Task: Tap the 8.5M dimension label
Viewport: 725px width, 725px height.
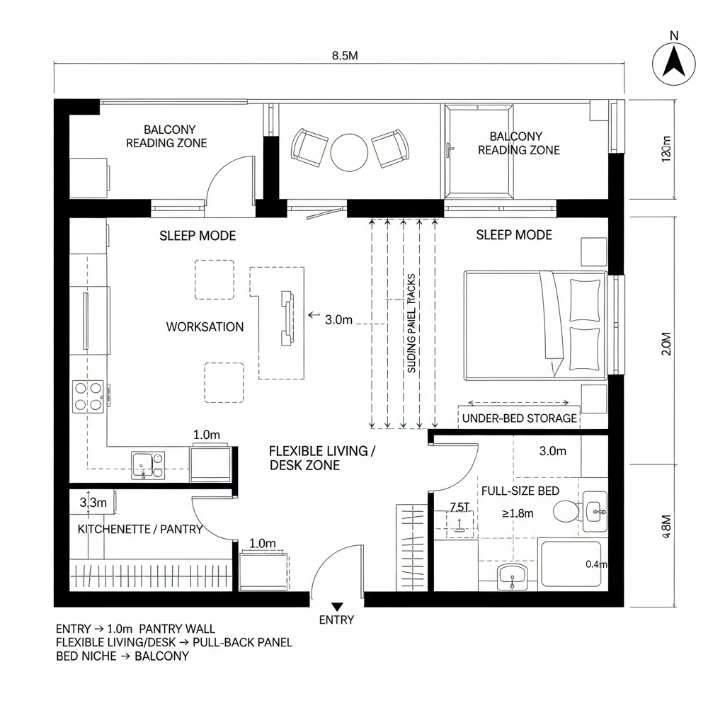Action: (345, 57)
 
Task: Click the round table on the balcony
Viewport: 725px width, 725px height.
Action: (350, 152)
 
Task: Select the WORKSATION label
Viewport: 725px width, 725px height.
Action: (205, 327)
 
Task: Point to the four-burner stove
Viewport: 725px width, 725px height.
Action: (89, 396)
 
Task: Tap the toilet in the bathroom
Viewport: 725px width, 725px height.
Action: (566, 511)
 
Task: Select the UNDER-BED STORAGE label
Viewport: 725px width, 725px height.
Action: (519, 418)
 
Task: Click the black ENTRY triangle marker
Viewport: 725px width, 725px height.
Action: (337, 606)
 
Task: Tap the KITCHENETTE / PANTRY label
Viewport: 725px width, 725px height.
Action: (140, 529)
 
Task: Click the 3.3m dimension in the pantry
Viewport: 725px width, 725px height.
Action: (93, 503)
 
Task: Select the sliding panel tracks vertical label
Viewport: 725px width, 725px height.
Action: (412, 324)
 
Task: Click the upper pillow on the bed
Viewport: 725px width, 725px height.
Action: (584, 299)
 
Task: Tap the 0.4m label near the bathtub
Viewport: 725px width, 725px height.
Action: (597, 564)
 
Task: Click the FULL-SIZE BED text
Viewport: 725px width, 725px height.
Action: (520, 491)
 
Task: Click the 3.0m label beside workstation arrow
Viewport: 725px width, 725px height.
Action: (338, 319)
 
